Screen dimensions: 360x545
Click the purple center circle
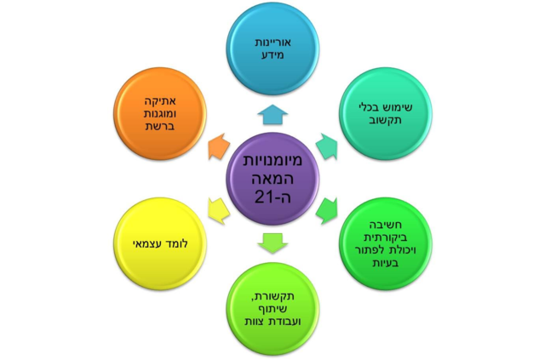tap(272, 180)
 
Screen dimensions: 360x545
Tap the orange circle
tap(158, 114)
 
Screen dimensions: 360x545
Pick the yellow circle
tap(158, 245)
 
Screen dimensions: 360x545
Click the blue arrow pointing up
tap(272, 116)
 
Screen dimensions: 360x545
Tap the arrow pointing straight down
tap(272, 243)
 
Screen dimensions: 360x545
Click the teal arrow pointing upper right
tap(326, 146)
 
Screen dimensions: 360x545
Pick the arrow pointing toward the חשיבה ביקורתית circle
tap(327, 210)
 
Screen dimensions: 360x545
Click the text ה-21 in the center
tap(272, 197)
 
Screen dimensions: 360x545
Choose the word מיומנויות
tap(272, 159)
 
